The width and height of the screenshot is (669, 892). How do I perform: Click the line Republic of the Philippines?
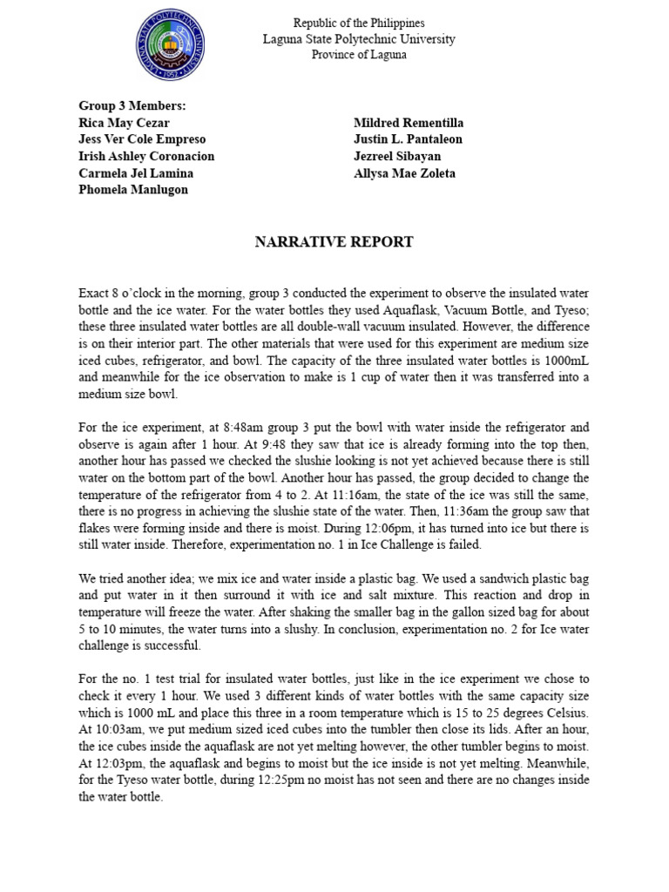point(359,24)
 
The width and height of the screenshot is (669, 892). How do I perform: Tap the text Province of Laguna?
point(359,55)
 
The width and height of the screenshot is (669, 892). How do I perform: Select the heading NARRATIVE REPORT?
point(334,242)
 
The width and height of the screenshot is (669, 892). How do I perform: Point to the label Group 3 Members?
point(132,106)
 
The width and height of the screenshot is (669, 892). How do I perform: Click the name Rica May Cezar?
point(124,123)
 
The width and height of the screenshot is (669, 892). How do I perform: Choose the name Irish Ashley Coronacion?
point(146,156)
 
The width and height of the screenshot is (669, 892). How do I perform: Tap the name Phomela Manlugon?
point(132,189)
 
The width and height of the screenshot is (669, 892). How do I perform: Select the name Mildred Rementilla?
point(409,123)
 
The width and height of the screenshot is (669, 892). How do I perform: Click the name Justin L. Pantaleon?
point(408,139)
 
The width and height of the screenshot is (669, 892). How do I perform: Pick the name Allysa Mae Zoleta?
point(404,173)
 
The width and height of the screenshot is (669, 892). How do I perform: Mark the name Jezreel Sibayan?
point(397,156)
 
